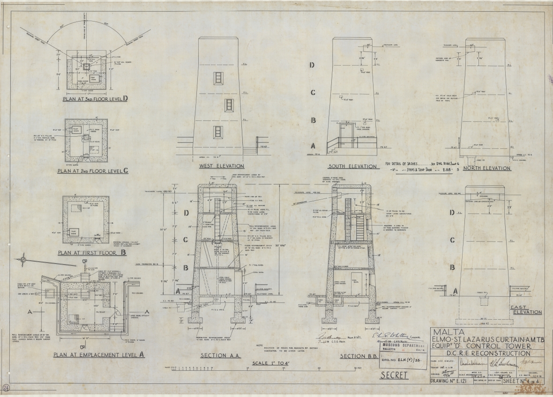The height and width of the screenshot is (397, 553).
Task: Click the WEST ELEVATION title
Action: pos(221,166)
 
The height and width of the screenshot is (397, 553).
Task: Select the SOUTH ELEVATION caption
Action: pos(353,166)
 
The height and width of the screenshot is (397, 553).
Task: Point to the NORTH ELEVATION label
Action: pos(486,168)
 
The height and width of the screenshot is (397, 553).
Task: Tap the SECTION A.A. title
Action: pos(220,356)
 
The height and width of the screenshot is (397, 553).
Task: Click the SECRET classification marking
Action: pos(394,375)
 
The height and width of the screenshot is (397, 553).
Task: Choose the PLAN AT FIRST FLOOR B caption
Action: pos(88,253)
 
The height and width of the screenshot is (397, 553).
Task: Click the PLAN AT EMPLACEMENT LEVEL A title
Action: pos(99,355)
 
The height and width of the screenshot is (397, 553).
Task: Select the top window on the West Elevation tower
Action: pos(217,78)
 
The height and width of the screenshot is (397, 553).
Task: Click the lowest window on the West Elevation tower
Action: pos(217,132)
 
